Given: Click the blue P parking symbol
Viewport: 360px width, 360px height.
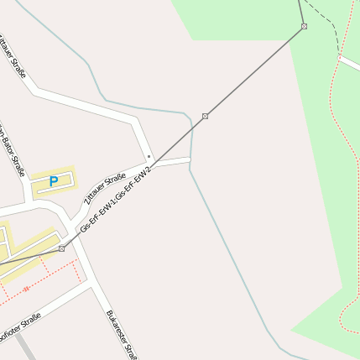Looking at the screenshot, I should click(54, 180).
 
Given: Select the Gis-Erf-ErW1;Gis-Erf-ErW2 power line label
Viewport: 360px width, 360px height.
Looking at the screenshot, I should click(115, 200).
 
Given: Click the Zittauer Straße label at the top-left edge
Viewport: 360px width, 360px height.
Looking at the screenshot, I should click(13, 55).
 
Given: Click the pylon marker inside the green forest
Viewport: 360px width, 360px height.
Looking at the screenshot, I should click(304, 26).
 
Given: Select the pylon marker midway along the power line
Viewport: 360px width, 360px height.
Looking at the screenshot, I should click(206, 116).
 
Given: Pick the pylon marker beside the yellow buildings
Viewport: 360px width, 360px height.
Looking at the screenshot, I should click(61, 248).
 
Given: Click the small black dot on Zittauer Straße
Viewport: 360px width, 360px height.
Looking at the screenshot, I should click(149, 156).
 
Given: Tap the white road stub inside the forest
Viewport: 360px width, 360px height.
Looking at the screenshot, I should click(349, 63).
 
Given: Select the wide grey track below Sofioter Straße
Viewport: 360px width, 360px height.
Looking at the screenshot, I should click(24, 347).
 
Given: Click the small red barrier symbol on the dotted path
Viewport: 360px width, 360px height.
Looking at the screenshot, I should click(26, 289).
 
